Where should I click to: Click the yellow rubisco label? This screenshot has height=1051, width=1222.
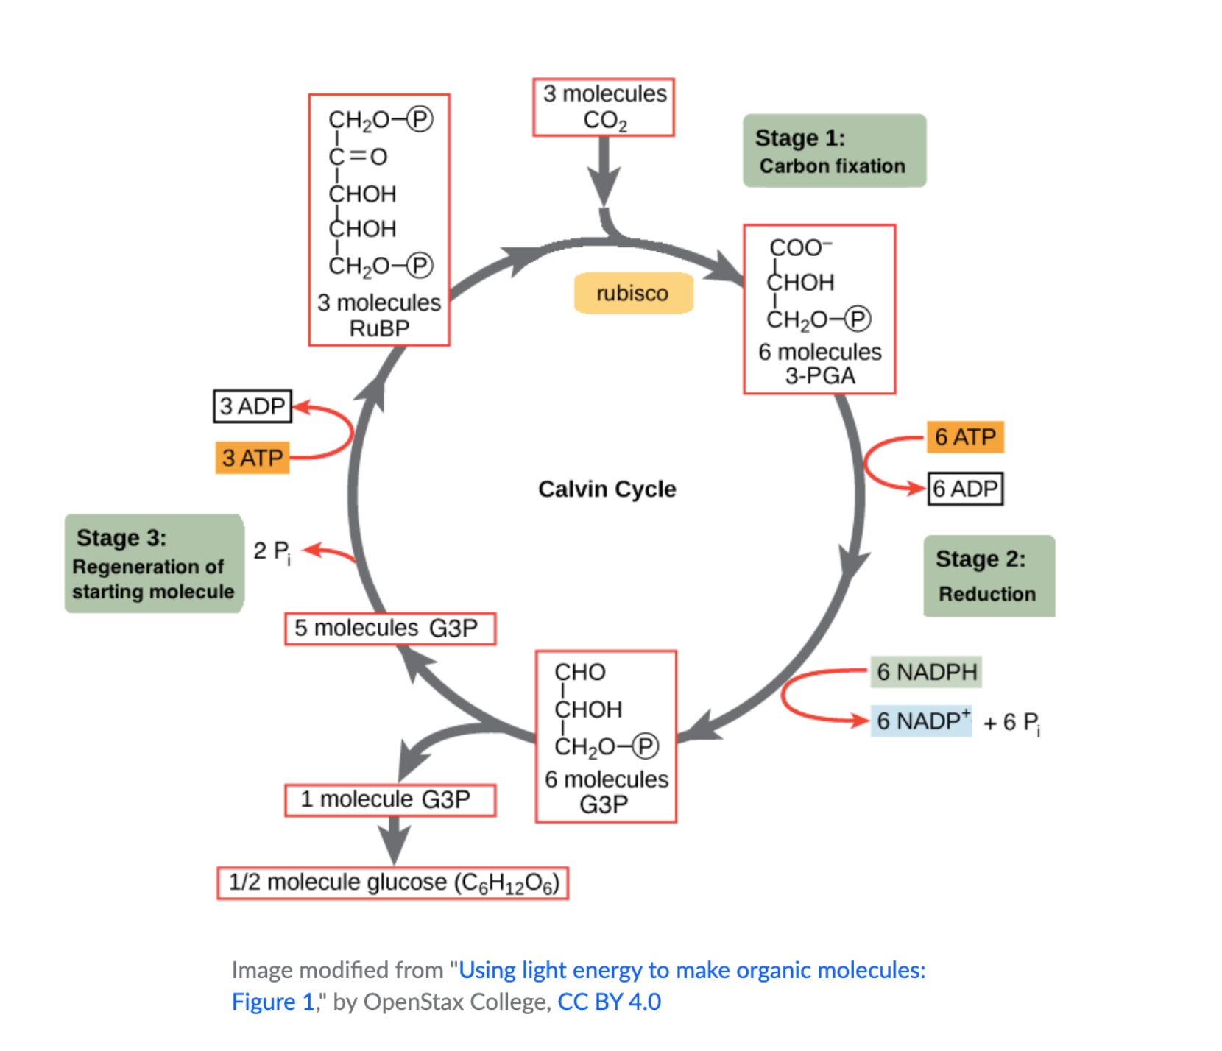click(x=632, y=293)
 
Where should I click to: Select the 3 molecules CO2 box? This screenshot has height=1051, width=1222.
click(x=604, y=107)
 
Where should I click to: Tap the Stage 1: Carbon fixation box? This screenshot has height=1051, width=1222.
click(x=833, y=151)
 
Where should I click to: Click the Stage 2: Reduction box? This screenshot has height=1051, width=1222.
click(x=988, y=576)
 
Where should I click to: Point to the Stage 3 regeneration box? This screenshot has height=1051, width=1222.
click(x=153, y=564)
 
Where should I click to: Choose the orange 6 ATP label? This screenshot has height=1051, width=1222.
click(x=964, y=437)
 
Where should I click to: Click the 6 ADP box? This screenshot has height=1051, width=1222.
click(x=965, y=489)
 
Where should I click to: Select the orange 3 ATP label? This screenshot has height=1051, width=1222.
click(x=252, y=458)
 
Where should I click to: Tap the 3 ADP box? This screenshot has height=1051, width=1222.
click(x=252, y=406)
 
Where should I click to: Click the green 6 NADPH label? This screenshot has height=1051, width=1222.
click(x=925, y=672)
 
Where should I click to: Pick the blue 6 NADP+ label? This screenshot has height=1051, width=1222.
click(x=920, y=721)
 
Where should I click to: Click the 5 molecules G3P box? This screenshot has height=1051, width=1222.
click(x=389, y=629)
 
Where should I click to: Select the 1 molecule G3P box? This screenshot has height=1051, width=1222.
click(x=389, y=800)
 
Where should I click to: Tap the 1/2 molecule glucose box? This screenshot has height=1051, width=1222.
click(x=392, y=882)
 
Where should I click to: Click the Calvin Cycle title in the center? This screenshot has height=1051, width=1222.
click(x=607, y=489)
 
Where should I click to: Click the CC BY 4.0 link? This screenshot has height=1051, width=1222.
click(x=609, y=1002)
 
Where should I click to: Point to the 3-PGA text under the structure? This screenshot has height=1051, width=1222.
click(x=819, y=376)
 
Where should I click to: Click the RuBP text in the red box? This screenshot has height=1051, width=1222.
click(x=379, y=328)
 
